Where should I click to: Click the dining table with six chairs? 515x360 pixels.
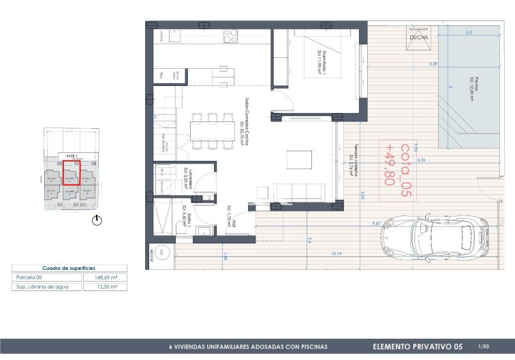pyautogui.click(x=212, y=129)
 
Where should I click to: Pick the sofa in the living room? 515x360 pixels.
pyautogui.click(x=300, y=191)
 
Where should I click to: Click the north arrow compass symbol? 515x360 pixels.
pyautogui.click(x=97, y=220)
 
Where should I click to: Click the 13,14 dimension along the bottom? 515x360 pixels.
pyautogui.click(x=337, y=254)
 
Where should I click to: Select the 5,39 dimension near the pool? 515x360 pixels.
pyautogui.click(x=432, y=63)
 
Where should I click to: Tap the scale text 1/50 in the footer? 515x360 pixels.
pyautogui.click(x=484, y=346)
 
